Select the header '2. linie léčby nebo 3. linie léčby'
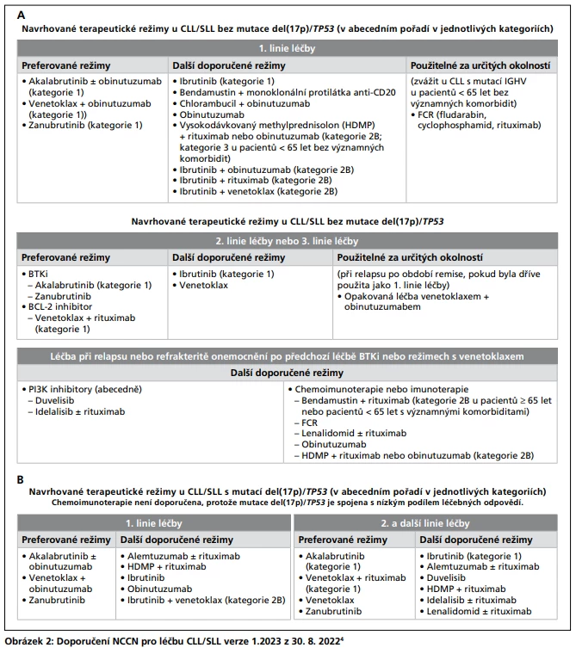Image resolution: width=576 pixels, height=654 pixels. [287, 240]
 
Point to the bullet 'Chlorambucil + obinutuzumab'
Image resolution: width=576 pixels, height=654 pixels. [245, 102]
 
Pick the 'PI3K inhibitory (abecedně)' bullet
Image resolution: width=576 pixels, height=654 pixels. [79, 388]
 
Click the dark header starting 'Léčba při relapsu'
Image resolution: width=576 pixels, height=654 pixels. [287, 355]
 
